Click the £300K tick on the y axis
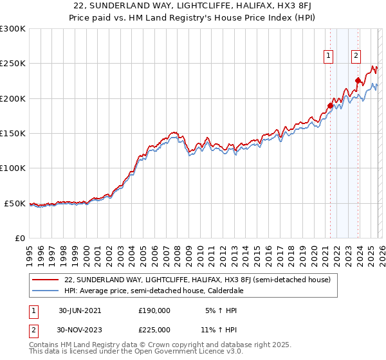pyautogui.click(x=13, y=29)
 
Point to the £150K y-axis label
pyautogui.click(x=13, y=134)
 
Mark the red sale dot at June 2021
pyautogui.click(x=331, y=105)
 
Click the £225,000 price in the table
pyautogui.click(x=154, y=329)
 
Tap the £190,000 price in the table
pyautogui.click(x=154, y=310)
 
